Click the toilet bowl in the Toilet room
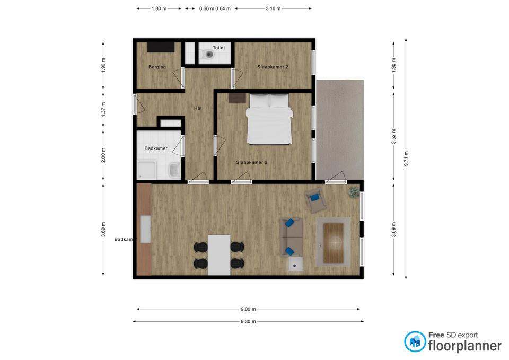click(208, 55)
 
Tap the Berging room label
click(157, 67)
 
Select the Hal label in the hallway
click(198, 108)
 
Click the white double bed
click(269, 119)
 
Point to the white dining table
click(219, 255)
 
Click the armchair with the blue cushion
click(315, 200)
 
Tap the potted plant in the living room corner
click(354, 192)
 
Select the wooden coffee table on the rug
click(334, 242)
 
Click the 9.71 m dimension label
click(406, 159)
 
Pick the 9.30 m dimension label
click(248, 321)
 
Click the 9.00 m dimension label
click(248, 309)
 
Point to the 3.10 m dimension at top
click(273, 8)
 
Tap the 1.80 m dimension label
click(159, 8)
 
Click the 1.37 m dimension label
click(103, 109)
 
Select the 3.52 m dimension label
click(394, 136)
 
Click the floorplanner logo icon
click(415, 341)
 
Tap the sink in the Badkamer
click(174, 170)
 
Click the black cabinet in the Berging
click(161, 47)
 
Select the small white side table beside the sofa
click(295, 264)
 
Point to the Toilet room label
click(219, 48)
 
